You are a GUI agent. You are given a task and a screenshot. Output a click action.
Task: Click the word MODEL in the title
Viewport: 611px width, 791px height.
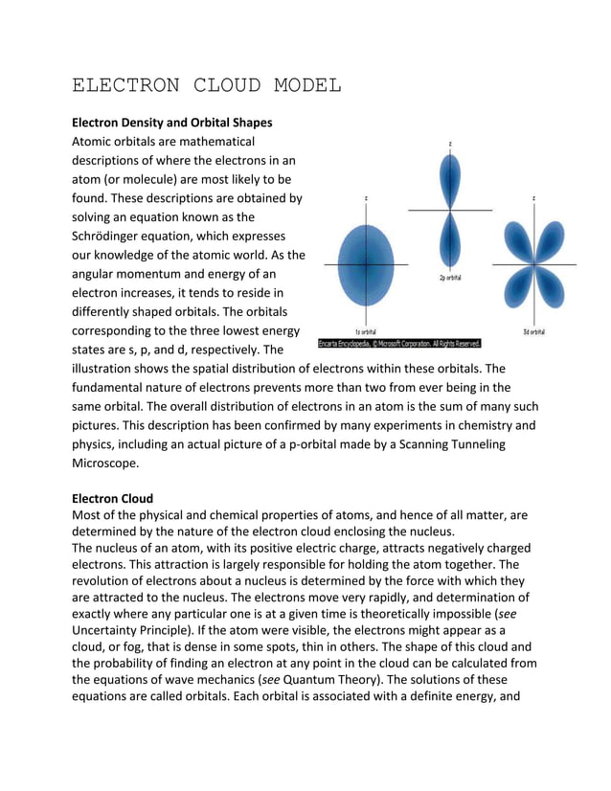(303, 85)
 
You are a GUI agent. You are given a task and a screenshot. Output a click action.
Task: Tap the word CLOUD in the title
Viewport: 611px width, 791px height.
(223, 85)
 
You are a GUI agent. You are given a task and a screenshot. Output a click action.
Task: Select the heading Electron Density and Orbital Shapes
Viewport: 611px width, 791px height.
(172, 123)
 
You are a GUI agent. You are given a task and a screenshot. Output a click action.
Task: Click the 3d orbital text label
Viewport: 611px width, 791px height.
(534, 331)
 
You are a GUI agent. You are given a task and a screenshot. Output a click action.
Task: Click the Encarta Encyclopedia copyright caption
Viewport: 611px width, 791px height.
(399, 343)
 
